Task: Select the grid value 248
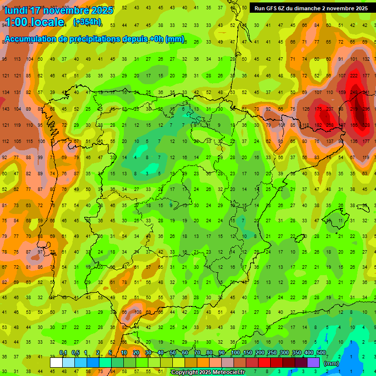[354, 92]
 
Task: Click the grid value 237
[330, 109]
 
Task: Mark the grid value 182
[319, 125]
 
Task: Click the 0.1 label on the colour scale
[63, 352]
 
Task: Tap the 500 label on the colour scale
[321, 352]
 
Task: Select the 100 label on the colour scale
[235, 352]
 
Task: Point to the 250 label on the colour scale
[272, 352]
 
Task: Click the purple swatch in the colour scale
[313, 362]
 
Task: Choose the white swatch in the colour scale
[56, 362]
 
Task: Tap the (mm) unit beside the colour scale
[331, 363]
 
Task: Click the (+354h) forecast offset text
[87, 22]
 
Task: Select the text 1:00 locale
[34, 22]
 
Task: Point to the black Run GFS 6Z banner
[311, 8]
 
